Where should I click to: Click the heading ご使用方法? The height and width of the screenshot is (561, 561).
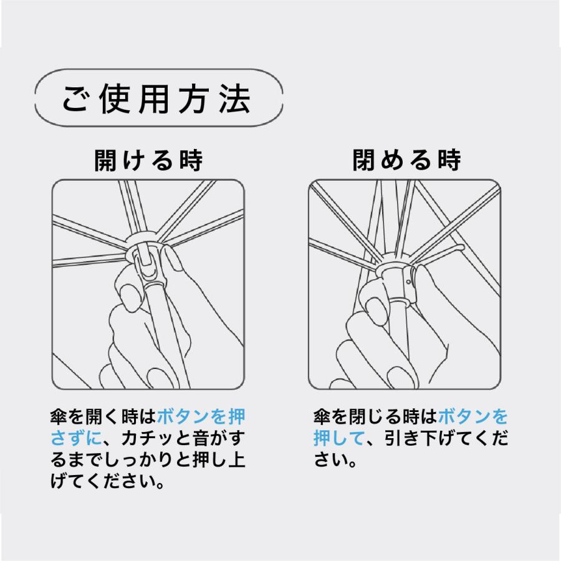(x=158, y=99)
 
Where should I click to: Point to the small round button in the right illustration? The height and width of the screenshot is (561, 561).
(x=407, y=282)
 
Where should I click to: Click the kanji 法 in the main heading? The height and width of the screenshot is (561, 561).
(x=235, y=99)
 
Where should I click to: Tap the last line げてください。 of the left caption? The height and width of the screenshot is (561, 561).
(x=107, y=482)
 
